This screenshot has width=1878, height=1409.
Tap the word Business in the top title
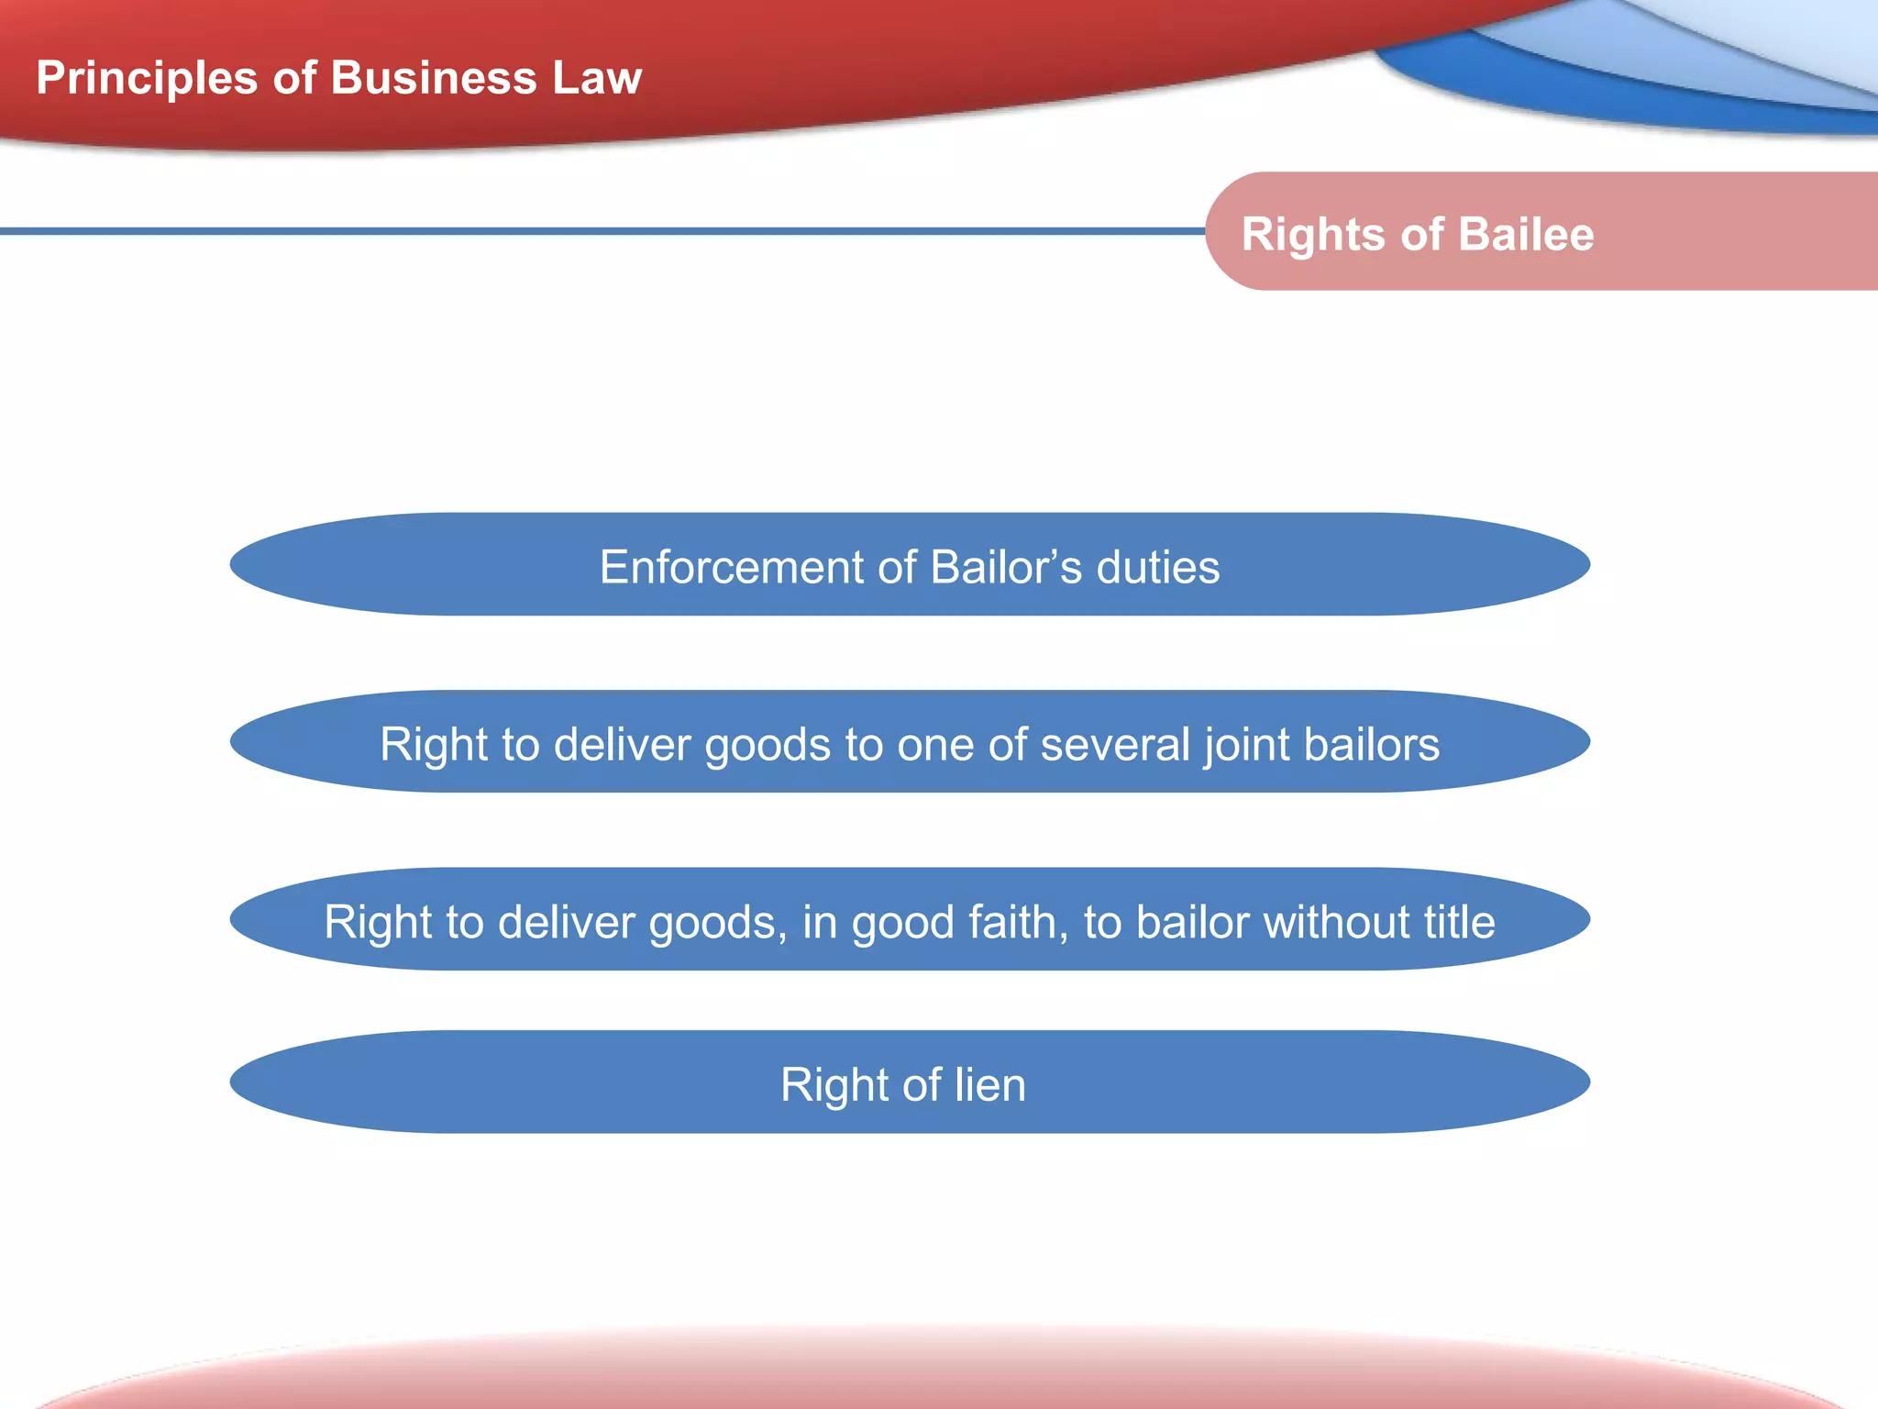point(434,78)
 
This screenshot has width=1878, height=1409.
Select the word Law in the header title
point(597,78)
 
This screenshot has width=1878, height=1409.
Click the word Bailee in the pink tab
point(1527,234)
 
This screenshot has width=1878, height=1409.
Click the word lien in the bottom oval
point(990,1084)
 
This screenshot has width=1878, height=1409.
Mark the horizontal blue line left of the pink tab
point(596,231)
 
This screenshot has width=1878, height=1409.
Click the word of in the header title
point(294,78)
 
